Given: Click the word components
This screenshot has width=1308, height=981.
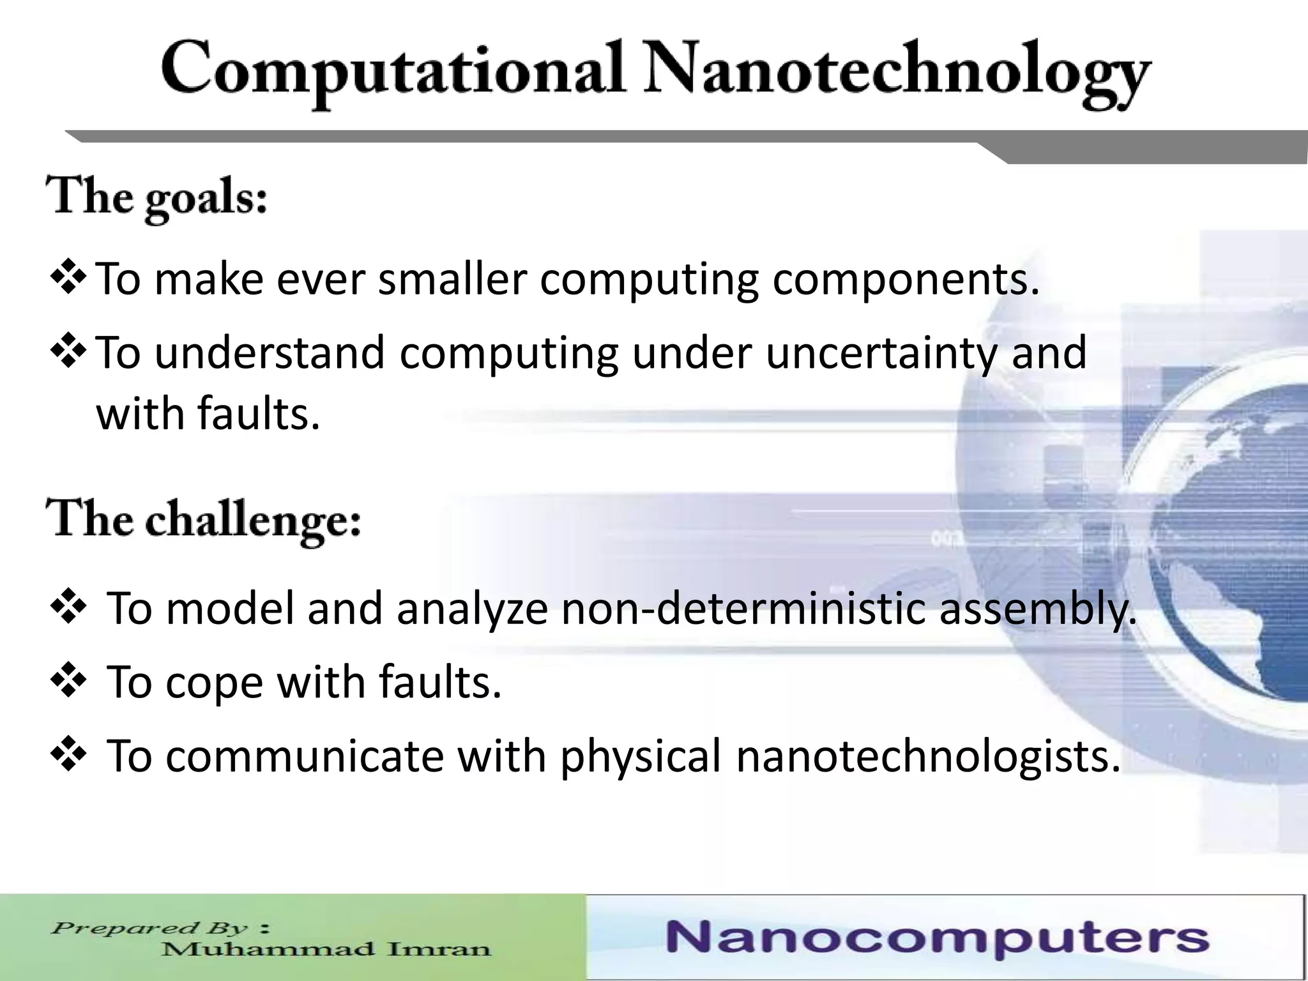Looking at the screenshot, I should pos(906,281).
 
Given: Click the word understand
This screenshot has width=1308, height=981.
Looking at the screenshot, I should pos(270,353).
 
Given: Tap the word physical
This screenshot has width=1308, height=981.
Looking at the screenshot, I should pos(640,757).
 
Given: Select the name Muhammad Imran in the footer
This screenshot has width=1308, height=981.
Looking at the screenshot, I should pos(326,949).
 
